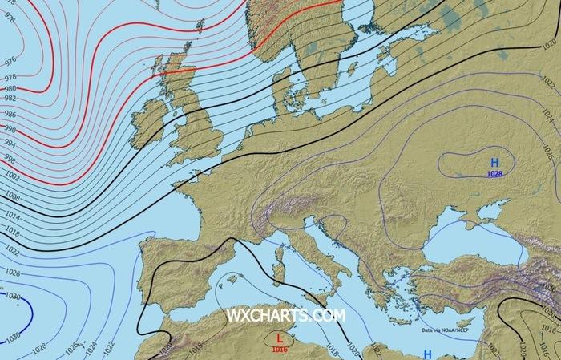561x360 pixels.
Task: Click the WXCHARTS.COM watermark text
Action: (x=286, y=315)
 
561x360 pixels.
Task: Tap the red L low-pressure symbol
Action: (x=279, y=338)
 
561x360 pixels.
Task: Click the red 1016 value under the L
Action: (x=280, y=349)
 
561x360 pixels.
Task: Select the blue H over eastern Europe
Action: (x=494, y=164)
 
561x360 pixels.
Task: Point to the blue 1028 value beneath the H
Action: (x=495, y=174)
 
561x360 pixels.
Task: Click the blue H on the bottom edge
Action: (x=428, y=354)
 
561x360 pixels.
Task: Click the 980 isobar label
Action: (x=10, y=89)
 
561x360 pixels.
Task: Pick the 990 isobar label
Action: (x=10, y=128)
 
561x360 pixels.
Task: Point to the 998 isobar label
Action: (x=10, y=158)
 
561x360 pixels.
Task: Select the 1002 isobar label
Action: (x=11, y=174)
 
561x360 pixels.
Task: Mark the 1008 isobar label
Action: (x=11, y=195)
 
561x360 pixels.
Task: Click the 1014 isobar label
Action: (x=11, y=216)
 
